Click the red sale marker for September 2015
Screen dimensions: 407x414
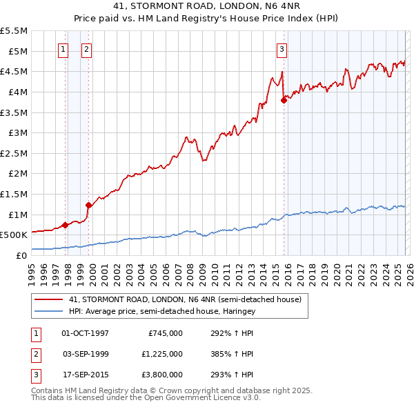284,100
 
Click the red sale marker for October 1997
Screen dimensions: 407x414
65,225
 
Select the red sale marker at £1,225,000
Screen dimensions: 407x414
88,205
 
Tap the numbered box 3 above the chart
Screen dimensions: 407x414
282,48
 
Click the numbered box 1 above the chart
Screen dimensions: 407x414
63,48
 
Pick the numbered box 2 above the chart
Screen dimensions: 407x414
87,48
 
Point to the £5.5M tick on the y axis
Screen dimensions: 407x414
14,31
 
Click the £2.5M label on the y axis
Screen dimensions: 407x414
14,153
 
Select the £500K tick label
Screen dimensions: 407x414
14,235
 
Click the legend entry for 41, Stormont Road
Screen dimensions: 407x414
185,300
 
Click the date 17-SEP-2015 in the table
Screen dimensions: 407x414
88,375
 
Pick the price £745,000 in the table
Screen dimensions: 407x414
165,333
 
